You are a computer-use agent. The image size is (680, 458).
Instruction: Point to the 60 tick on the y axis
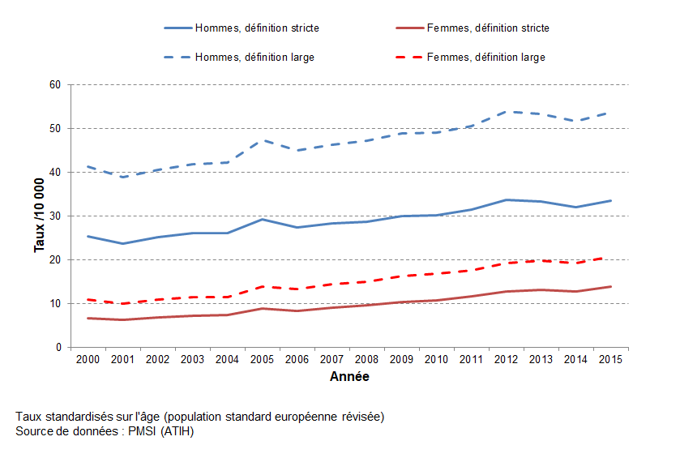point(56,85)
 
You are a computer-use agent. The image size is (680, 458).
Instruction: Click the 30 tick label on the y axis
point(56,216)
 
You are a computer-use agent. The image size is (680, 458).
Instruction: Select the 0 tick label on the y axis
point(58,348)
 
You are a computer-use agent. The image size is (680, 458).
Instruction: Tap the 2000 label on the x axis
point(88,360)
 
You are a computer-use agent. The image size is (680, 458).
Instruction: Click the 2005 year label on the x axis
point(263,360)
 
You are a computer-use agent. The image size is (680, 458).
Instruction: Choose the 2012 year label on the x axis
point(507,360)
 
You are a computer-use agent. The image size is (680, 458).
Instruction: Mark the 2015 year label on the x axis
point(611,360)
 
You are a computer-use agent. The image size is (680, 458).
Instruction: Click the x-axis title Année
point(350,377)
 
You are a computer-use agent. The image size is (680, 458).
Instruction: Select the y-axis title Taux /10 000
point(39,216)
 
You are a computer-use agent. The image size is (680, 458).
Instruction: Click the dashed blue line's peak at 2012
point(507,111)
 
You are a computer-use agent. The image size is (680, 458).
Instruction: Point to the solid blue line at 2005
point(263,219)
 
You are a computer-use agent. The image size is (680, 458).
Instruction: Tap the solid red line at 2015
point(611,286)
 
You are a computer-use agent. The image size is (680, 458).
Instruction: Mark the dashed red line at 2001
point(123,304)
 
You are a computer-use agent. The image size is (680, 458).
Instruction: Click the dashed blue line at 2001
point(123,177)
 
